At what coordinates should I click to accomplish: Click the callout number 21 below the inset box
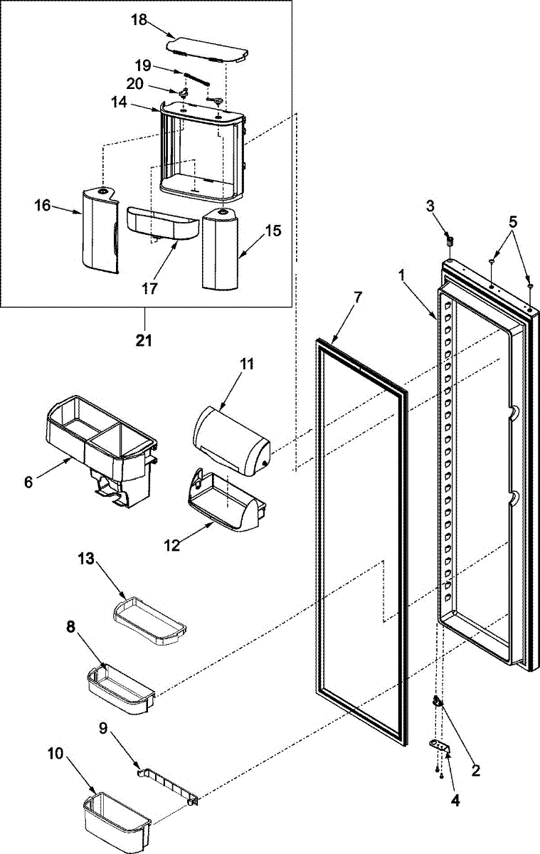tap(144, 341)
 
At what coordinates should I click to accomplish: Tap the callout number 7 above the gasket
tap(357, 297)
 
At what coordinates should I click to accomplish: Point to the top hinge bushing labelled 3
tap(450, 240)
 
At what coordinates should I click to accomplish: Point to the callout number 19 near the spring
tap(143, 65)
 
